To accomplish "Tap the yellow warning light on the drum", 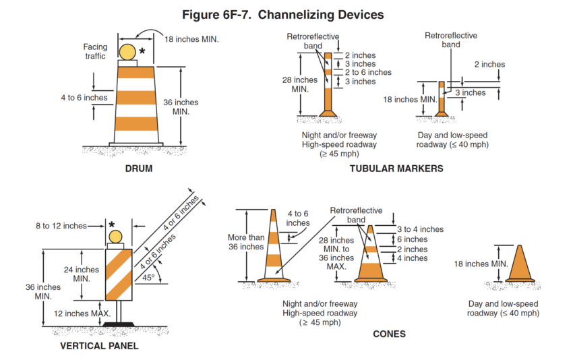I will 128,51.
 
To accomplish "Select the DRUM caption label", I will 138,169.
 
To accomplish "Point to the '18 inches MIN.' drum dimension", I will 192,39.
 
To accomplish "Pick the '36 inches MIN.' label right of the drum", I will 181,107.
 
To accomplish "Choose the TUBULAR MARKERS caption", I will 396,169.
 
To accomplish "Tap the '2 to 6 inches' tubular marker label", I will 368,72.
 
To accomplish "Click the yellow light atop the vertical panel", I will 117,236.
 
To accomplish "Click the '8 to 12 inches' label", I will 61,226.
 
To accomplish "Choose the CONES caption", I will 389,334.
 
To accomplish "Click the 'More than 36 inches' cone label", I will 246,242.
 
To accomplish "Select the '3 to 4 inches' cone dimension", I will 420,229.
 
